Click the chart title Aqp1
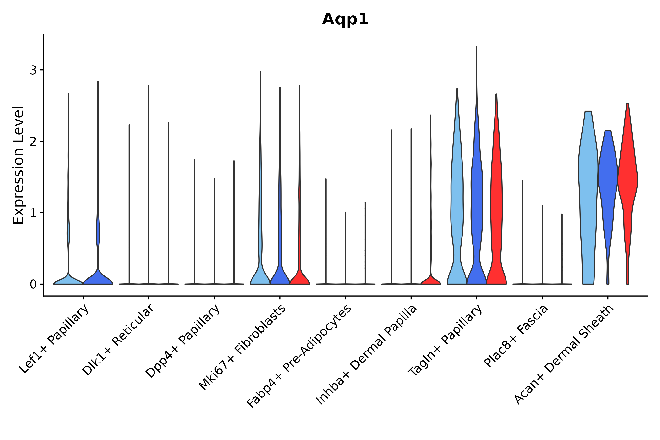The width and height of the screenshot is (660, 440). pyautogui.click(x=345, y=20)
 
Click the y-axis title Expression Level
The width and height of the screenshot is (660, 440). pyautogui.click(x=19, y=165)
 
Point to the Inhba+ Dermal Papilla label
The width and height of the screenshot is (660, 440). pyautogui.click(x=366, y=355)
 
